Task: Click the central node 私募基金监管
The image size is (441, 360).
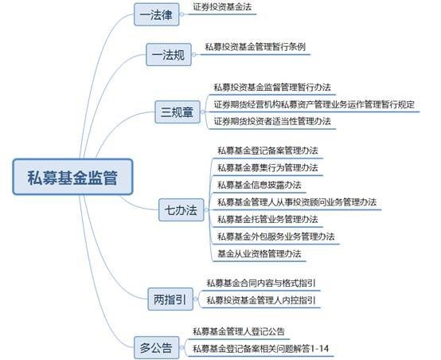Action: pos(72,177)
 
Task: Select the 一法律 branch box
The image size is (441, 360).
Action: pos(156,14)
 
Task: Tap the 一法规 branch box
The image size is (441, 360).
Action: pos(169,55)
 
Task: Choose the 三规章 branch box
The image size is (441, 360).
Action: pos(178,112)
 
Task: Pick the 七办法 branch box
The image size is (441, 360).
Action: pos(181,209)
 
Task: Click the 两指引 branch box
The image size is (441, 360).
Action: pos(170,299)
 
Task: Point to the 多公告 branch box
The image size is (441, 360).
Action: pos(156,347)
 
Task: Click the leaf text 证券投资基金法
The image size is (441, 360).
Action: pos(222,6)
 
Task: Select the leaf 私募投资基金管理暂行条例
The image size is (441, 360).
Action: pos(255,47)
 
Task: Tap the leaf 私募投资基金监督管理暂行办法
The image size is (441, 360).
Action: pos(272,88)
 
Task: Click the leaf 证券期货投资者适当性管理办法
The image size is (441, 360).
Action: pos(272,121)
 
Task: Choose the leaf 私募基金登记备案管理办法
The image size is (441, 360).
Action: pos(267,151)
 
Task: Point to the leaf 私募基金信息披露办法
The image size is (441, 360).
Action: pos(259,185)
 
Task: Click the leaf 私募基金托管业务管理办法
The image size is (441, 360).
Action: pos(267,219)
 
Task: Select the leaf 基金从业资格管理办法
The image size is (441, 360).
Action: pos(259,253)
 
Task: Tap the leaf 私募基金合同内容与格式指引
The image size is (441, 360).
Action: pos(261,283)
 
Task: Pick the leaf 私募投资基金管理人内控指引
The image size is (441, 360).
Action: pos(261,300)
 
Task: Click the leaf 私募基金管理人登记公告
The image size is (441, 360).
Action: pos(239,331)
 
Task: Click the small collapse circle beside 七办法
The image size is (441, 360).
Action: pos(206,209)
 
